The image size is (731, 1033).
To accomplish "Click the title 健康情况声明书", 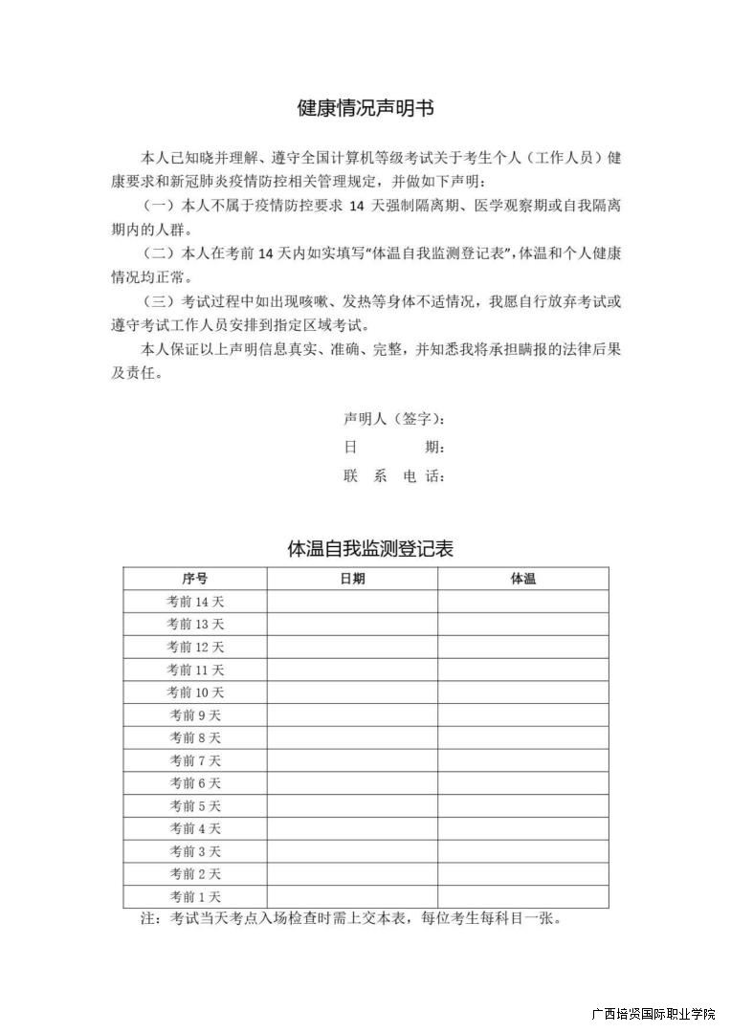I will tap(365, 108).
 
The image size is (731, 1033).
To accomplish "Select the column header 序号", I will tap(195, 579).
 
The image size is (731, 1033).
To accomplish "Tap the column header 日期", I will tap(352, 579).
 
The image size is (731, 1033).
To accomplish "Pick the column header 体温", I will tap(523, 579).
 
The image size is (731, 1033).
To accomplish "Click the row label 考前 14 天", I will tap(195, 602).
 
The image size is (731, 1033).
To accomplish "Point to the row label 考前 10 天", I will tap(195, 692).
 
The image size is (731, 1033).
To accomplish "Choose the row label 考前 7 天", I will tap(195, 760).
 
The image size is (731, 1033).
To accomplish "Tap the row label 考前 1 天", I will tap(195, 897).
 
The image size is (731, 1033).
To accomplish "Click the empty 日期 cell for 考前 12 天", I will tap(352, 648).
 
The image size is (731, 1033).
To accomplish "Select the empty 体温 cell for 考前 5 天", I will tap(523, 806).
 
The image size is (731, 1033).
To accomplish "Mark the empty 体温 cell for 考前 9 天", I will tap(523, 715).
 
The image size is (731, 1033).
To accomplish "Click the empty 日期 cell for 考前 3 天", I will tap(352, 851).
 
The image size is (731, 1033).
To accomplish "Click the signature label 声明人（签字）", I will tap(393, 419).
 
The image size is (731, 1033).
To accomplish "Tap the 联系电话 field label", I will tap(393, 476).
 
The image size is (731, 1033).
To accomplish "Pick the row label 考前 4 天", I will tap(195, 828).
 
